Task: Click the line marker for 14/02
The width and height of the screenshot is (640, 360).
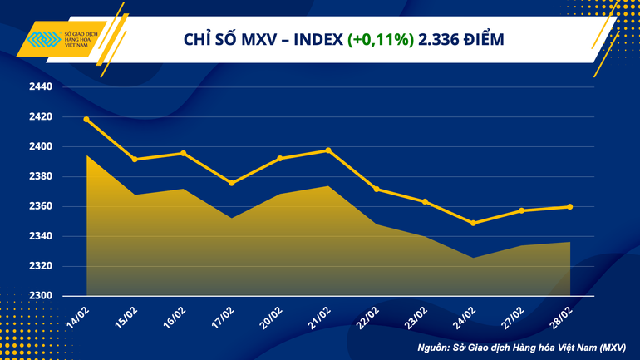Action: [86, 119]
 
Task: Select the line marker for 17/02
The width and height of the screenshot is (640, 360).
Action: [232, 183]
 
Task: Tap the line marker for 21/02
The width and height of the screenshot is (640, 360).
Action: [328, 150]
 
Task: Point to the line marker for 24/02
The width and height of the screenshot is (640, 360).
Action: [473, 223]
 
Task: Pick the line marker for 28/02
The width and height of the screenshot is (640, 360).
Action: [569, 207]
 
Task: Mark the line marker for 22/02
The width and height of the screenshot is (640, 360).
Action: [377, 189]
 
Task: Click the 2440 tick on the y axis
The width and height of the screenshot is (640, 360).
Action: [40, 87]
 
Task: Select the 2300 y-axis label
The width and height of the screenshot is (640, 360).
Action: [40, 296]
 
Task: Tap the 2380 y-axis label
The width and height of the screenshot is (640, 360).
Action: [40, 177]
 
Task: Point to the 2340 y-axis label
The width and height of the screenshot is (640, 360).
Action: [40, 237]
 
